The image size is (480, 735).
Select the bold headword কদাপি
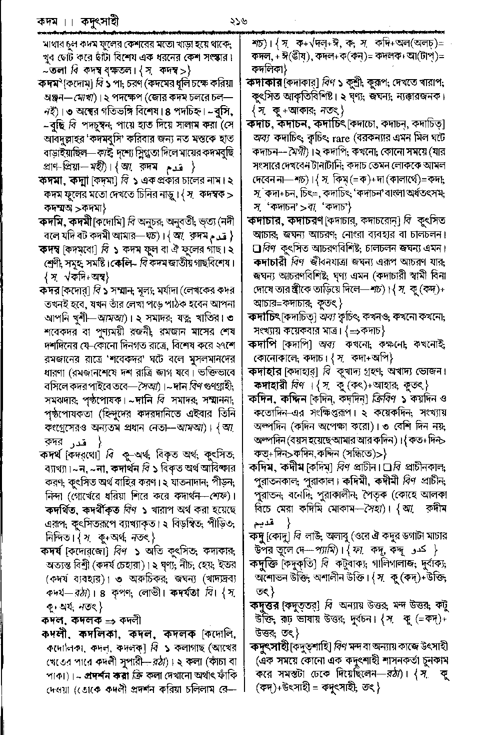[x=263, y=344]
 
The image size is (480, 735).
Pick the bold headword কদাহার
[x=266, y=372]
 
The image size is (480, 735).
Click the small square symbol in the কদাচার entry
[x=257, y=248]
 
